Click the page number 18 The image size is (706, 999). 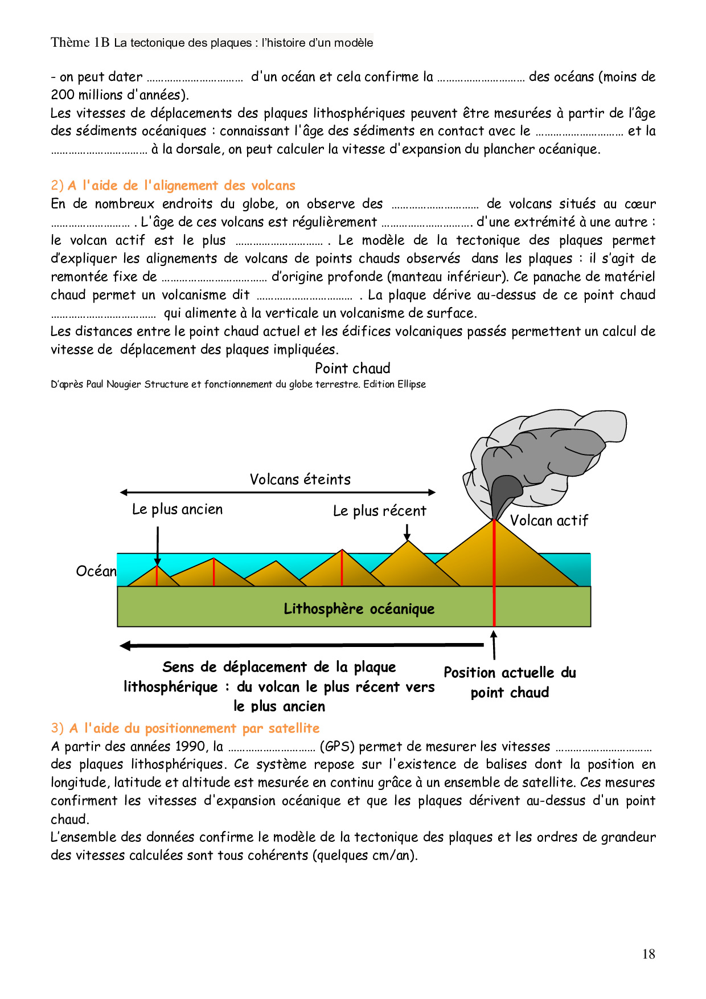(x=648, y=954)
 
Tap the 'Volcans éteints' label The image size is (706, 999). (x=300, y=480)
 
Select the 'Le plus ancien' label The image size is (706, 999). (x=177, y=509)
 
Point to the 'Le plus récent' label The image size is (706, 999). (x=379, y=511)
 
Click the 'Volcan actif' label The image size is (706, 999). (x=549, y=521)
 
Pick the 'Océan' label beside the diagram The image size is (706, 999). (x=96, y=571)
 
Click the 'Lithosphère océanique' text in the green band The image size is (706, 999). (x=359, y=609)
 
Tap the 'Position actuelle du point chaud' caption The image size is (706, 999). (x=510, y=682)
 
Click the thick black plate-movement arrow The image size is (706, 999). (x=302, y=645)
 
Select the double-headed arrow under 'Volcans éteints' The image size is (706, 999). (x=278, y=492)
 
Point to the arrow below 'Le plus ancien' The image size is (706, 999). (x=158, y=545)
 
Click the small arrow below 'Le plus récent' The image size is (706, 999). (x=407, y=532)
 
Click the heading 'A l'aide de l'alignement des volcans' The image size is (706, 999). (x=181, y=186)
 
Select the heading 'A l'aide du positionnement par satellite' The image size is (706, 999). (x=194, y=728)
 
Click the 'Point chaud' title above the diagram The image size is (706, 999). (x=352, y=369)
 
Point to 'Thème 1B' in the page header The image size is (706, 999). (x=80, y=43)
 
